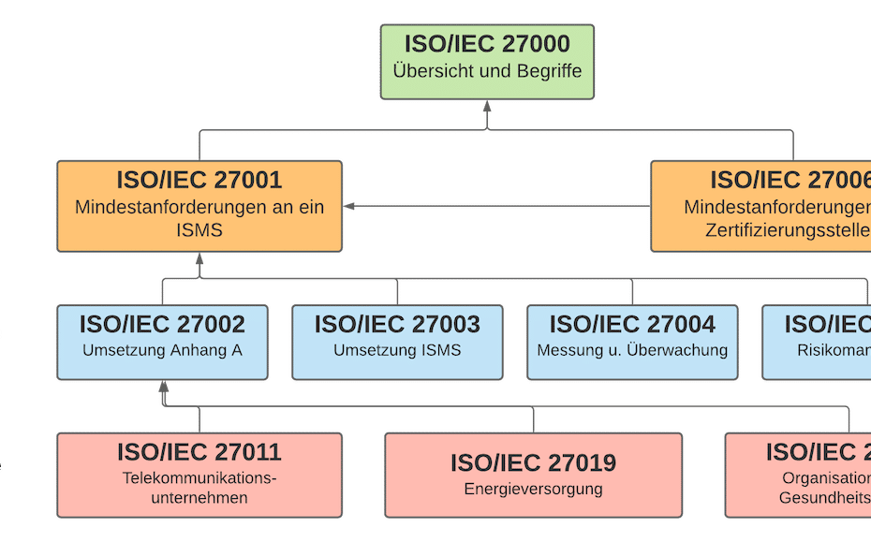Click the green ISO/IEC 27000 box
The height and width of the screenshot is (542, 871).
[x=486, y=62]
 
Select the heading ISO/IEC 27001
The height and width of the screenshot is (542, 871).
[x=199, y=180]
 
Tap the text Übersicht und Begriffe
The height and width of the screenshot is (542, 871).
[x=487, y=71]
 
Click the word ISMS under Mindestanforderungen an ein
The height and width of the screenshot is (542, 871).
[x=199, y=230]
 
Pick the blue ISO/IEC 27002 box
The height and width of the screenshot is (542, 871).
[x=162, y=342]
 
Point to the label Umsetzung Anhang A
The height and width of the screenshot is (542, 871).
[x=162, y=351]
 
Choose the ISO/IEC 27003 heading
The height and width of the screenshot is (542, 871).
[x=397, y=325]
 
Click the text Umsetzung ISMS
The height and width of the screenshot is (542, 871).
[x=397, y=351]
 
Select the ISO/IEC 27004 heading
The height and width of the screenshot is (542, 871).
[x=632, y=325]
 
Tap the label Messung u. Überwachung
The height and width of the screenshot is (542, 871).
[x=632, y=351]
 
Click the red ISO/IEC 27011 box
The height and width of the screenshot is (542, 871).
[x=199, y=475]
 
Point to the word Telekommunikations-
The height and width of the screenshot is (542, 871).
[x=199, y=478]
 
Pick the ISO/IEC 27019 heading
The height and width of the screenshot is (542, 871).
[x=533, y=462]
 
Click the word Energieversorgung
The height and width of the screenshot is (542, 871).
[x=533, y=489]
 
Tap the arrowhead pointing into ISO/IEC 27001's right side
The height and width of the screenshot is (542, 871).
[x=349, y=206]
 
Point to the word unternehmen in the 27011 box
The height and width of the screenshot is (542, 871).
[x=199, y=498]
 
